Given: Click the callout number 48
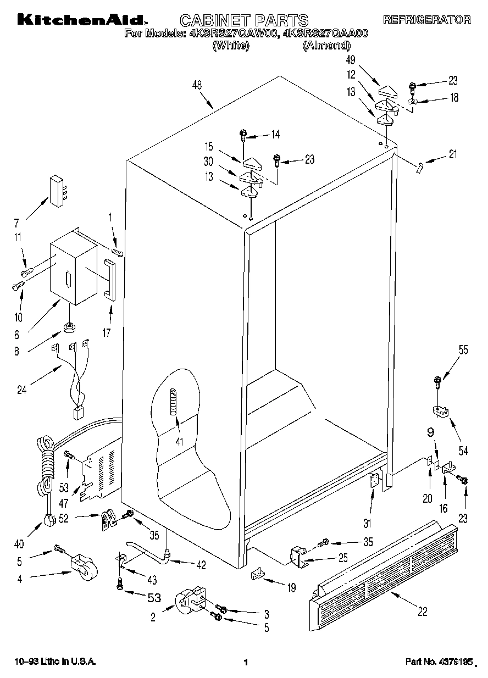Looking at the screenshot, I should [197, 85].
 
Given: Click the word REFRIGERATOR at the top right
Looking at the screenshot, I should [426, 20].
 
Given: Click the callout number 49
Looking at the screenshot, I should [366, 60].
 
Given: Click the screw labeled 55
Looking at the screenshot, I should [437, 380].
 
